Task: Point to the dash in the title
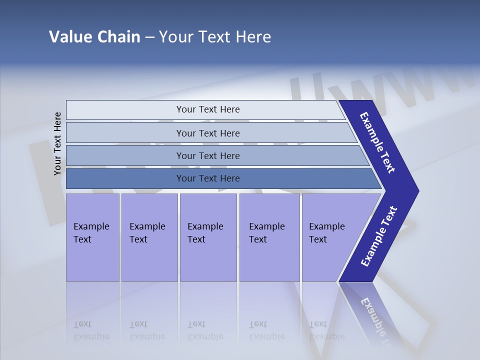pyautogui.click(x=149, y=37)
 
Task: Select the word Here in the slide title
pyautogui.click(x=253, y=37)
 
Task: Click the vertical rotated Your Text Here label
pyautogui.click(x=57, y=143)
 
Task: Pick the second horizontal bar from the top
pyautogui.click(x=207, y=133)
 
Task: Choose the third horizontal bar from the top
pyautogui.click(x=207, y=155)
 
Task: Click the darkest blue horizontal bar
pyautogui.click(x=207, y=178)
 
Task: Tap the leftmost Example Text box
pyautogui.click(x=92, y=237)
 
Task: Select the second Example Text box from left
pyautogui.click(x=149, y=237)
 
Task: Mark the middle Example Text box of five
pyautogui.click(x=208, y=237)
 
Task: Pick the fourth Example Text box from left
pyautogui.click(x=269, y=237)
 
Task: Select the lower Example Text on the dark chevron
pyautogui.click(x=378, y=236)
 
